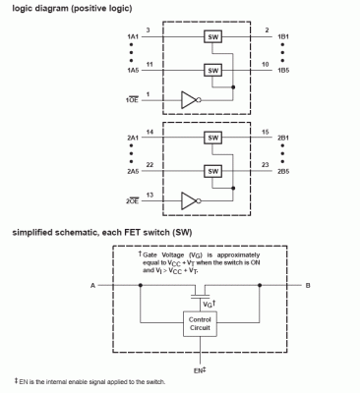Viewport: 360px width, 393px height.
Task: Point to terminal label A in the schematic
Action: pyautogui.click(x=90, y=287)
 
